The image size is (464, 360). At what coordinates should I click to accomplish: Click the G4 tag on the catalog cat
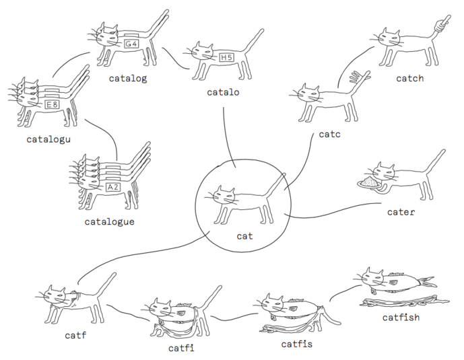(132, 44)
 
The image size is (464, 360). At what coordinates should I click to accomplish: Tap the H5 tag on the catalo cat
(227, 58)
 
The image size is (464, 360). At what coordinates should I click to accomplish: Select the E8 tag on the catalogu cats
(52, 105)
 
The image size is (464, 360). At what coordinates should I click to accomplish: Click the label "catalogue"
(110, 221)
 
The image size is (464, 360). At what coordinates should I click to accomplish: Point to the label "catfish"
(400, 317)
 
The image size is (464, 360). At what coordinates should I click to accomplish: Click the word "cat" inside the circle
(244, 236)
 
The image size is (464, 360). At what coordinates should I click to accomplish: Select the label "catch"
(409, 79)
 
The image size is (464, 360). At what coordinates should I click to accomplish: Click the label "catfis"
(297, 345)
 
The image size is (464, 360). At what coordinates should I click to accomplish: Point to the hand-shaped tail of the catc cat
(358, 80)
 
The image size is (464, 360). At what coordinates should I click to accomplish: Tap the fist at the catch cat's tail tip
(440, 25)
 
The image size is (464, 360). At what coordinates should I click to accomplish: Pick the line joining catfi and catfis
(233, 316)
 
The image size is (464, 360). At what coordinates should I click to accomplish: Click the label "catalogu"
(49, 139)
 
